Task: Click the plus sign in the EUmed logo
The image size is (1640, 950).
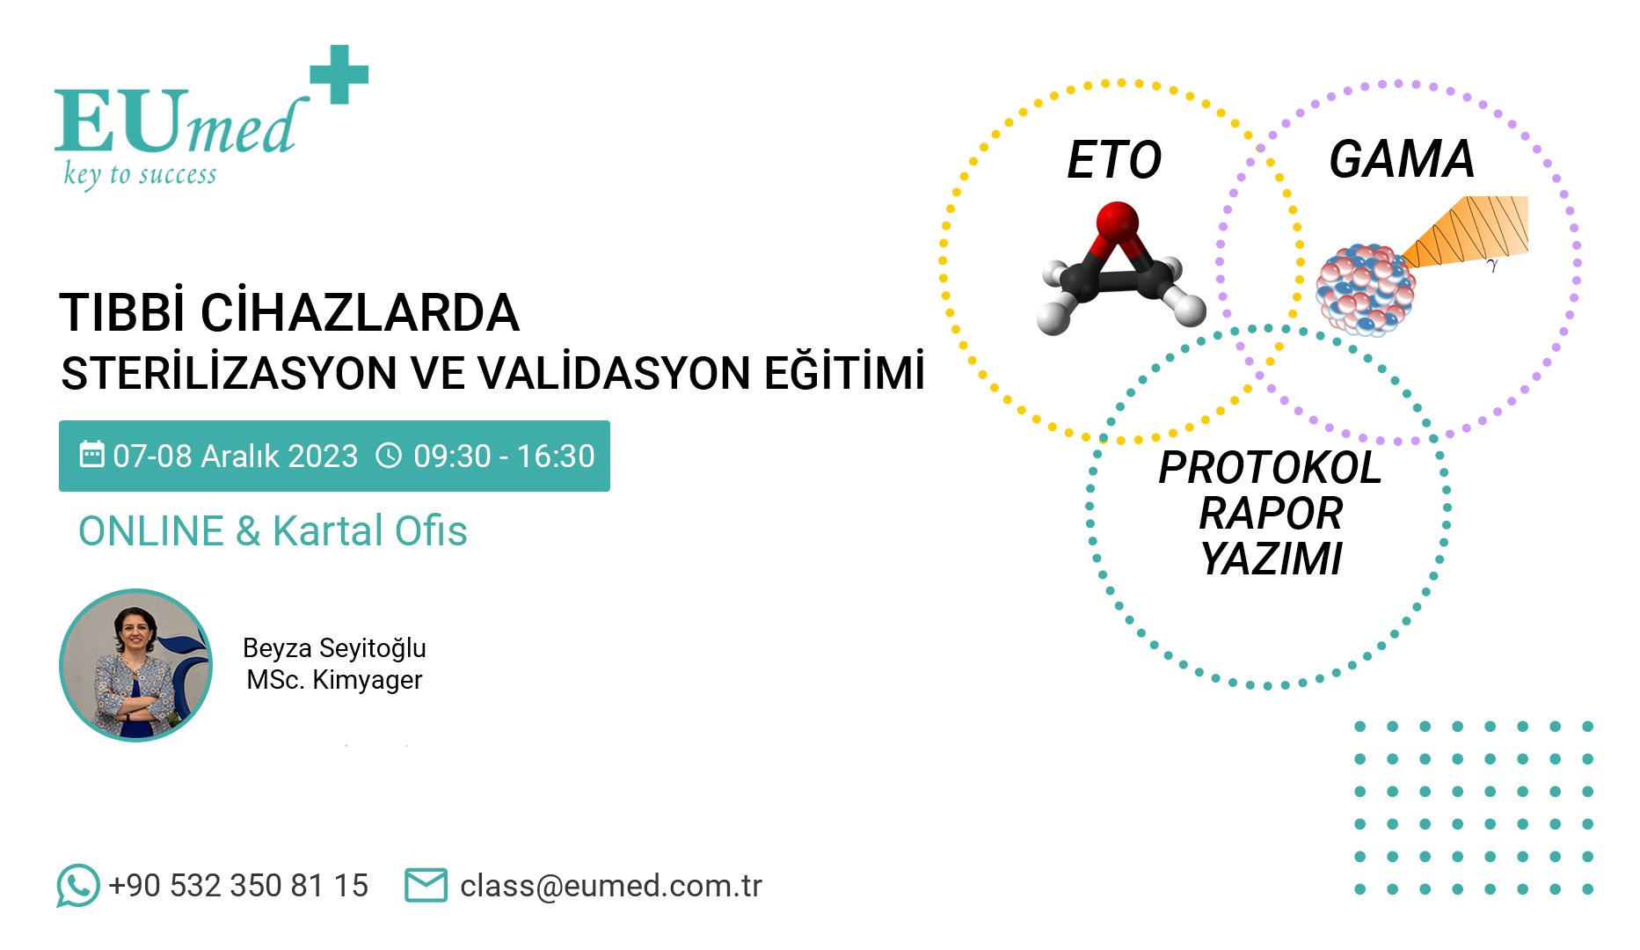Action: [x=339, y=75]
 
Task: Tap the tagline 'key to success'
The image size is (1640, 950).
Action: [x=140, y=174]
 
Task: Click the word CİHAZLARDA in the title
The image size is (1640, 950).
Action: [x=360, y=313]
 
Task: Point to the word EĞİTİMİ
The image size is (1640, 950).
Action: [x=843, y=371]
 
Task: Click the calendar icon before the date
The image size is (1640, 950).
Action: [x=91, y=455]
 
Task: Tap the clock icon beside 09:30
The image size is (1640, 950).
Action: [x=389, y=456]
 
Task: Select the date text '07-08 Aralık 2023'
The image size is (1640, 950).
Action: [x=236, y=457]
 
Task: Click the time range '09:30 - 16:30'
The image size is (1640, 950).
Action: [x=504, y=457]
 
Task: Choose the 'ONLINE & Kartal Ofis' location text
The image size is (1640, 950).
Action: [x=273, y=531]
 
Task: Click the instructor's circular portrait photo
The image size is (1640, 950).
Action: [x=135, y=665]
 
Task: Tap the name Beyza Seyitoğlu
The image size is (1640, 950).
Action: [x=334, y=648]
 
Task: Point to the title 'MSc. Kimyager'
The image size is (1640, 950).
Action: [x=334, y=680]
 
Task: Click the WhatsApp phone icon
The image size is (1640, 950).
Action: [x=78, y=885]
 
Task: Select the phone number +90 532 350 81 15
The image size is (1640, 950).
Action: [x=238, y=886]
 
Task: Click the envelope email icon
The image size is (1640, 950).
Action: [x=426, y=885]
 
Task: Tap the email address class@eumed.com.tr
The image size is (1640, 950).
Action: [x=611, y=886]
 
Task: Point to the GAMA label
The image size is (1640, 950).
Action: [x=1402, y=159]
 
